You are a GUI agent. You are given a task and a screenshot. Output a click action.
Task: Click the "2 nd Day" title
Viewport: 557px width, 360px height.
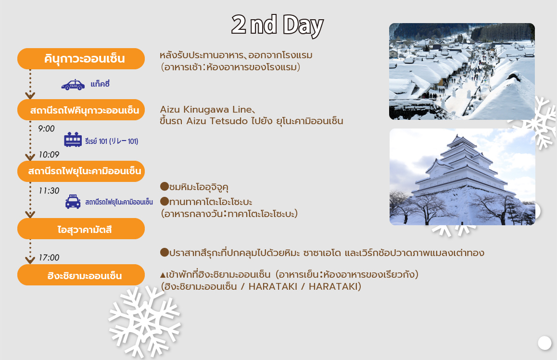coord(277,25)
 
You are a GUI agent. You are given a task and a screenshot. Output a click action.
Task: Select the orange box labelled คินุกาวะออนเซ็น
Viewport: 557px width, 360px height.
coord(81,59)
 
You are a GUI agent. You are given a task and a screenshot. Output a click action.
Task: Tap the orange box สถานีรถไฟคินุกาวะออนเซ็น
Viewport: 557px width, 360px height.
coord(81,110)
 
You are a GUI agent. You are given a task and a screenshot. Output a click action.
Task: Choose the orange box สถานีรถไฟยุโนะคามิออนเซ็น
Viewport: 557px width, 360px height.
coord(81,171)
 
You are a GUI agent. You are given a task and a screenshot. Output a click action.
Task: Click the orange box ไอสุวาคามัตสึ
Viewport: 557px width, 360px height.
coord(81,229)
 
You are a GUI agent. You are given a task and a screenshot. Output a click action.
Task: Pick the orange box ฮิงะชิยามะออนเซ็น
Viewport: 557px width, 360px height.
coord(81,275)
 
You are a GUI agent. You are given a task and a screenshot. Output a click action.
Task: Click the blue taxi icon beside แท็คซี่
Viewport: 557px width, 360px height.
coord(73,85)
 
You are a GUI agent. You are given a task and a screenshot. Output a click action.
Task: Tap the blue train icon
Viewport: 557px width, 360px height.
coord(73,140)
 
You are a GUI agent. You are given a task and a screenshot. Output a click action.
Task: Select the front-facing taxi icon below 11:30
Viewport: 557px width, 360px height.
coord(73,202)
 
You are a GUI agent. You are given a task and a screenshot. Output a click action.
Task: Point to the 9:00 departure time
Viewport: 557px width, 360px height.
coord(47,129)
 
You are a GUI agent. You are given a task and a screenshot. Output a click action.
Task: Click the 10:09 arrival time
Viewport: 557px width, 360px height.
coord(49,154)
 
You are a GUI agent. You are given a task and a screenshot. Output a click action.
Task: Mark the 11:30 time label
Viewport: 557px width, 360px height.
coord(49,191)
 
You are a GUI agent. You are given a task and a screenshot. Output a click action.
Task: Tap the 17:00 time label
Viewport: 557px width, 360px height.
coord(49,257)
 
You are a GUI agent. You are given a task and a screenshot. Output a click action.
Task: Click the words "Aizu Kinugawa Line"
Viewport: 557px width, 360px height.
coord(206,109)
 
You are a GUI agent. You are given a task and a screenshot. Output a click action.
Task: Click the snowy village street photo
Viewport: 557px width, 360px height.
coord(462,71)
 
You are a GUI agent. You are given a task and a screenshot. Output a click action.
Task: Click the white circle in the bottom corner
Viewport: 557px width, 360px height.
coord(544,343)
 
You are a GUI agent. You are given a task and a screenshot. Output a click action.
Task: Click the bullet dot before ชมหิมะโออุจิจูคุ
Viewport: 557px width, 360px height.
coord(165,186)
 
